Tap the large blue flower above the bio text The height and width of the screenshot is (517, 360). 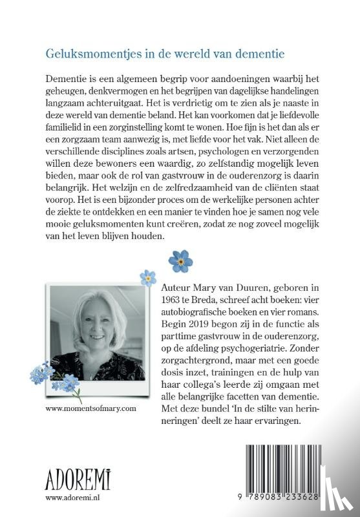click(180, 260)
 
